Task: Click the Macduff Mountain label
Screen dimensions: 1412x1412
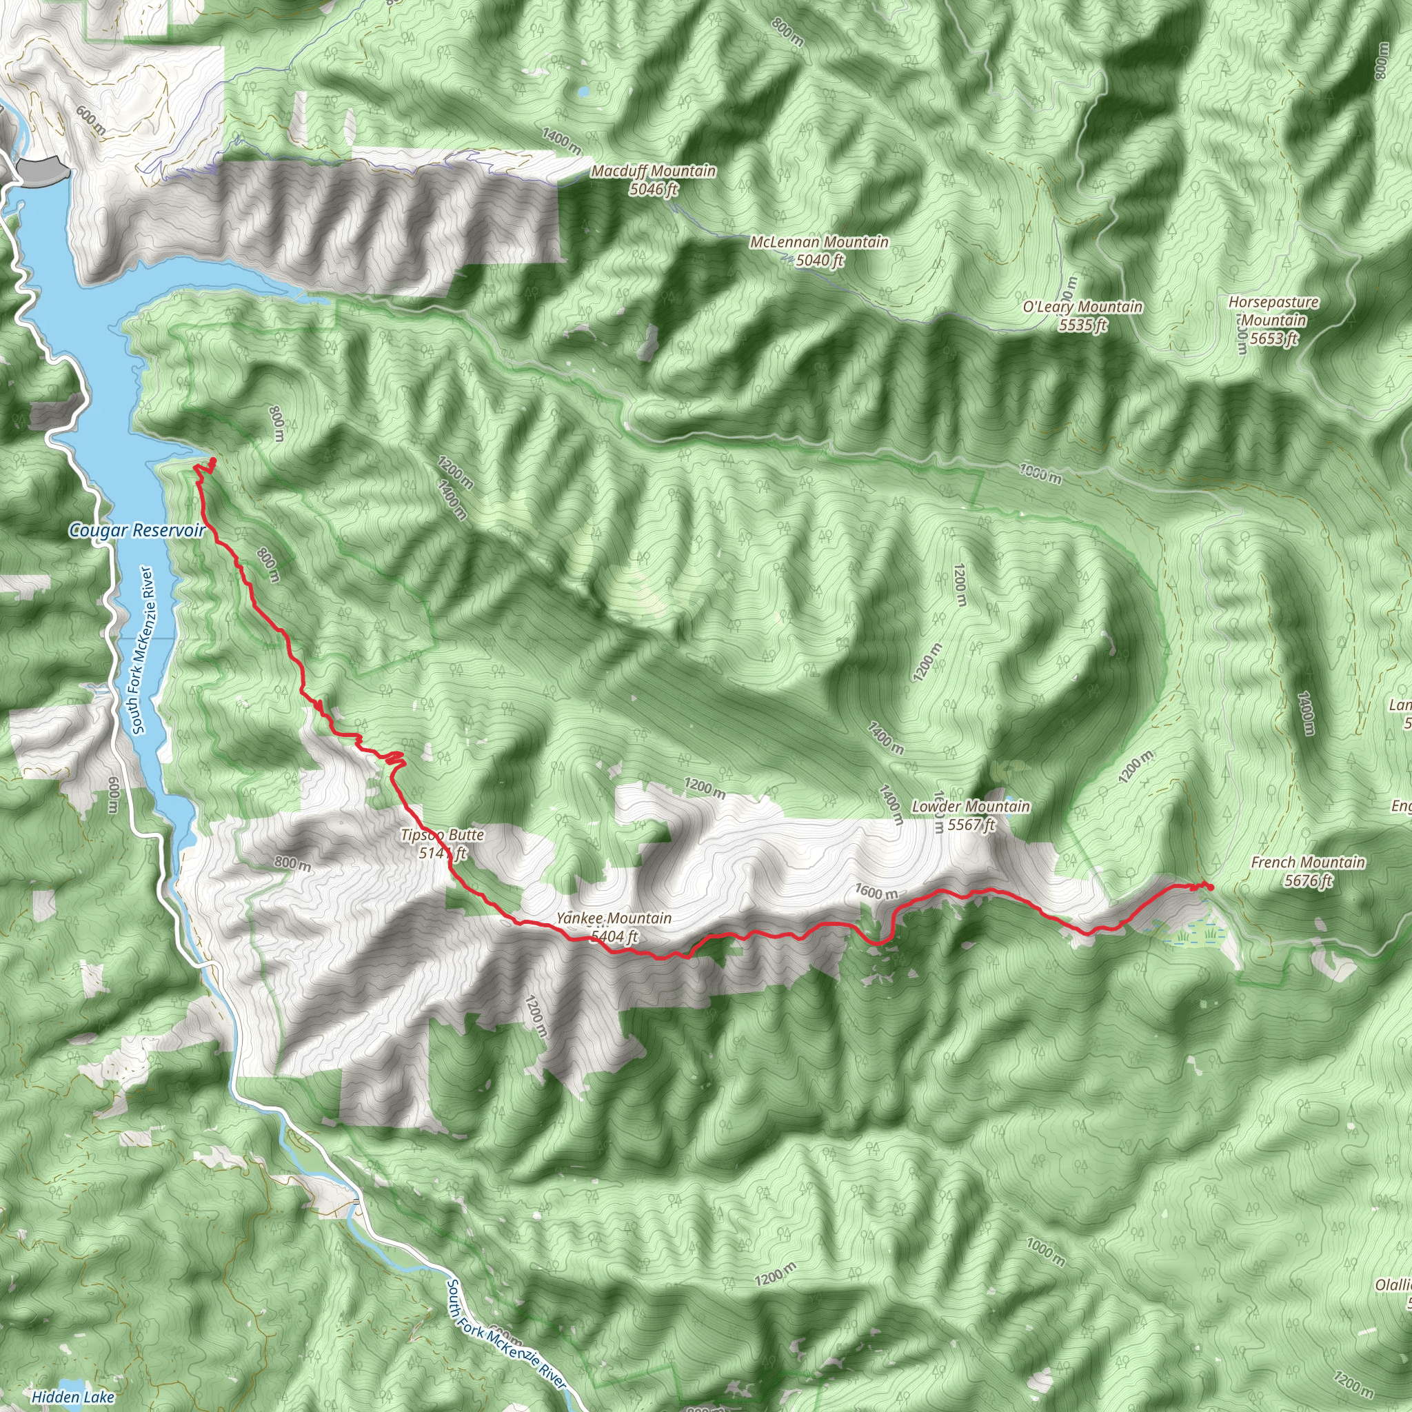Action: [x=654, y=170]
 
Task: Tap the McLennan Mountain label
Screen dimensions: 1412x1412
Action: [x=819, y=242]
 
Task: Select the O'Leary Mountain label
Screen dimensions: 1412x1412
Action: [x=1082, y=307]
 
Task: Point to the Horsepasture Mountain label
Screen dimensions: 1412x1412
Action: [x=1273, y=312]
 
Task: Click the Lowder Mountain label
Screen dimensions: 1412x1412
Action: [x=971, y=806]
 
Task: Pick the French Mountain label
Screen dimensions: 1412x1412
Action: [x=1307, y=863]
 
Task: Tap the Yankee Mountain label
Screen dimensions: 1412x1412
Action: [x=614, y=918]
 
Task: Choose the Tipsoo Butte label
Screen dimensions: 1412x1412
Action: [x=442, y=835]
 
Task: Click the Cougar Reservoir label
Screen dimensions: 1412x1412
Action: [x=137, y=531]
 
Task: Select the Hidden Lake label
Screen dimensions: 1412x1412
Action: [x=73, y=1397]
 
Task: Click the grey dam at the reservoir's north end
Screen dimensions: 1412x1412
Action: [x=44, y=170]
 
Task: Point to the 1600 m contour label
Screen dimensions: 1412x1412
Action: [x=876, y=892]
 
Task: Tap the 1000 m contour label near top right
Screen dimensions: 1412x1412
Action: [x=1040, y=475]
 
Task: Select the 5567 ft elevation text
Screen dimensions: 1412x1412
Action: [x=971, y=825]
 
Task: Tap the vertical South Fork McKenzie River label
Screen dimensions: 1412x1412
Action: [x=142, y=649]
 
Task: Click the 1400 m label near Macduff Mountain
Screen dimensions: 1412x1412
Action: [x=561, y=141]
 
